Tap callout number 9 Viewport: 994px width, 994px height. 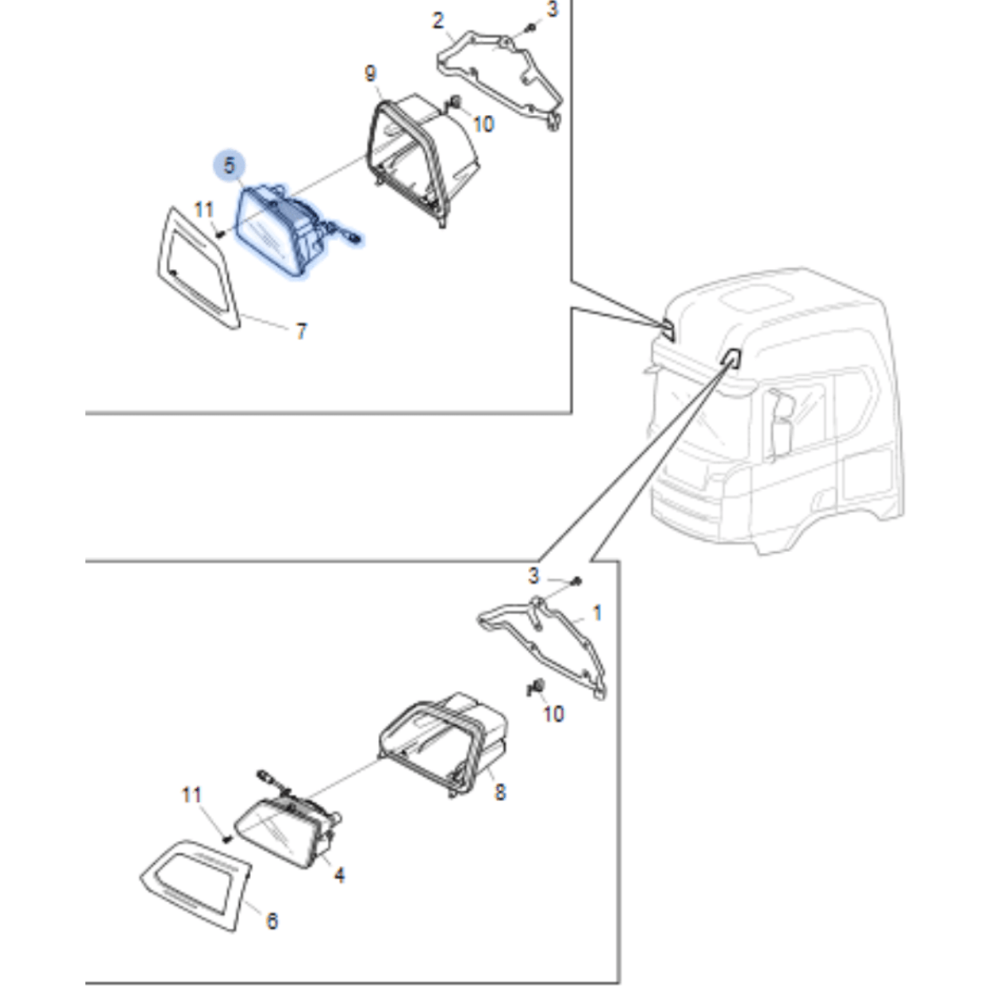370,74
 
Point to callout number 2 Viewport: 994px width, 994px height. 438,21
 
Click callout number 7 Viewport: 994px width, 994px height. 301,331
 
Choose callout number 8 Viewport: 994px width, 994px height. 500,792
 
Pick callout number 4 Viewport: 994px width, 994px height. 339,874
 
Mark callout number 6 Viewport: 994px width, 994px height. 272,920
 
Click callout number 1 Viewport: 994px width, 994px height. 598,613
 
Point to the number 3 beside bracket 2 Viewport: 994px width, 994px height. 552,10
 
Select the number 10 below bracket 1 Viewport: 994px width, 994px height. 553,713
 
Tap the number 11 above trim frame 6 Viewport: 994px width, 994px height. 191,795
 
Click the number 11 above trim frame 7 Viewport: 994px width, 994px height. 204,210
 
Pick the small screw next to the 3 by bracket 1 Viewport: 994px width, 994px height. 577,583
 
